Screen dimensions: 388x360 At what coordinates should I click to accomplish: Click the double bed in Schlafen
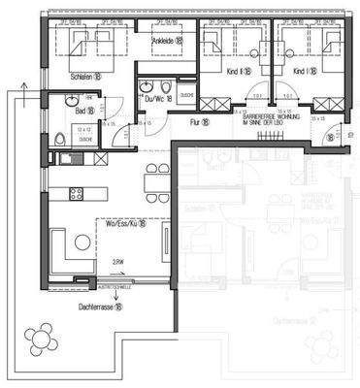coord(86,44)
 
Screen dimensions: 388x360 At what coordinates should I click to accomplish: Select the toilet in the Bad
coord(60,139)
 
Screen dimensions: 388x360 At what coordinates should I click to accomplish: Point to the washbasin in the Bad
coord(71,100)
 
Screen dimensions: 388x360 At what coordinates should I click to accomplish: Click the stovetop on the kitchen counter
coord(77,189)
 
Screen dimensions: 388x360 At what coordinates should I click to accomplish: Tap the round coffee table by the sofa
coord(82,242)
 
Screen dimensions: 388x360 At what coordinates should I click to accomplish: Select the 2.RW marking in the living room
coord(117,262)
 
